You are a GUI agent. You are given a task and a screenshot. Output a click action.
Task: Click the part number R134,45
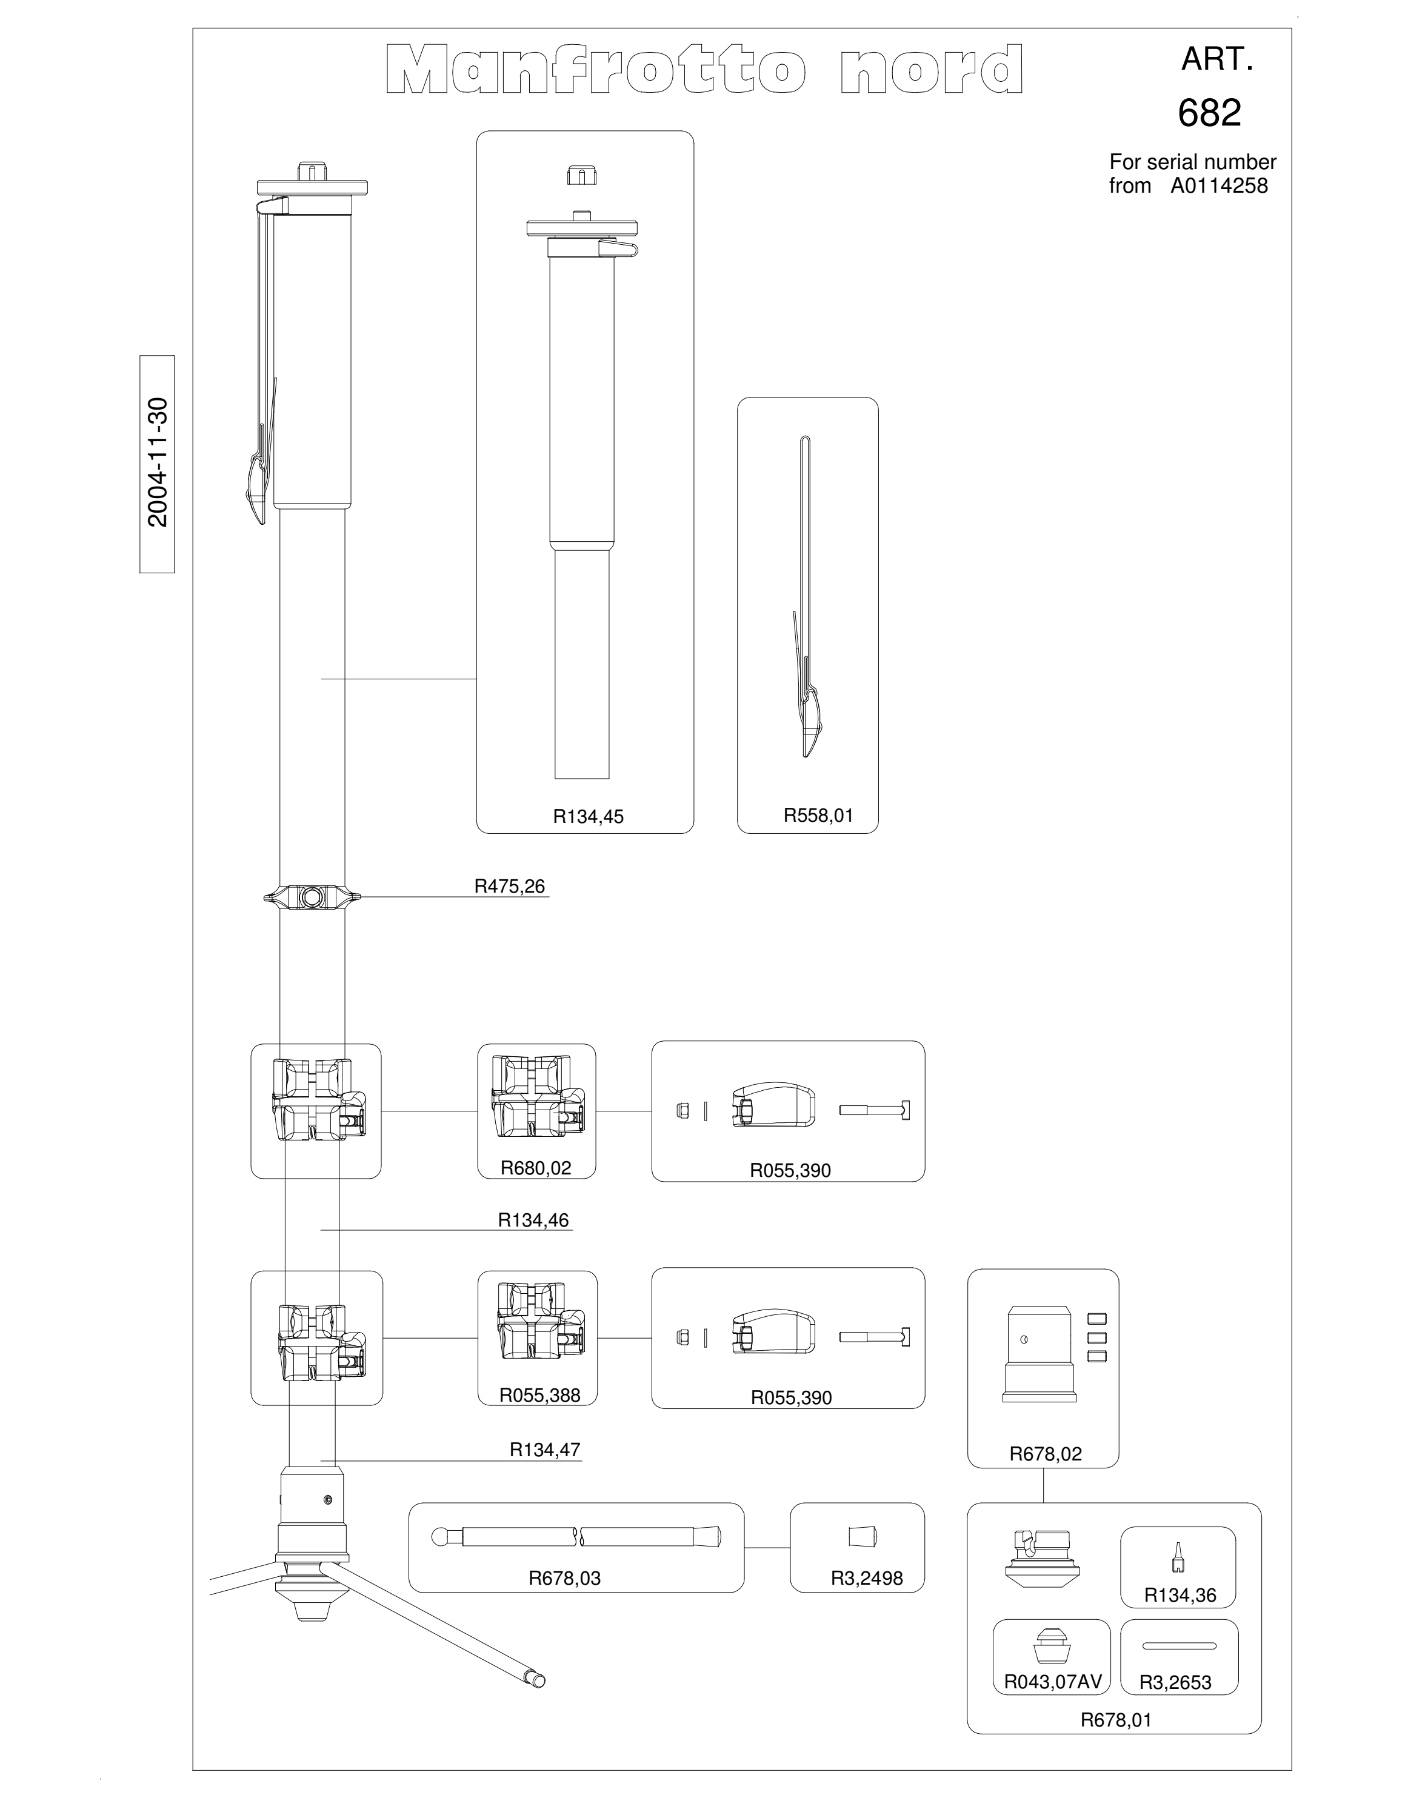tap(587, 817)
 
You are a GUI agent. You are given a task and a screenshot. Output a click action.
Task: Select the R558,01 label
tap(818, 815)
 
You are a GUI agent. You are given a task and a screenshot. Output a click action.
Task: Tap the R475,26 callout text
tap(509, 886)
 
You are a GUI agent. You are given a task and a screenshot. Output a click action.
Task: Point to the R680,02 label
tap(536, 1168)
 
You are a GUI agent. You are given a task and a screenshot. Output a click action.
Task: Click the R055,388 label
tap(539, 1395)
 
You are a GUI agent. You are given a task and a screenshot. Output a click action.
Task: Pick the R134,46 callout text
tap(533, 1220)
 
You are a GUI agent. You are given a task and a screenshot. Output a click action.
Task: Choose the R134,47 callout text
tap(545, 1449)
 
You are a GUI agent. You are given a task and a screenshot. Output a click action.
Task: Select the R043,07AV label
tap(1052, 1682)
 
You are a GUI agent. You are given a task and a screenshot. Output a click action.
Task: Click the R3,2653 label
tap(1175, 1682)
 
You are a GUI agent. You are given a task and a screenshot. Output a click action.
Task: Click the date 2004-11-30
tap(158, 463)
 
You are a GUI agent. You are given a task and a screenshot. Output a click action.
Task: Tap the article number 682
tap(1209, 112)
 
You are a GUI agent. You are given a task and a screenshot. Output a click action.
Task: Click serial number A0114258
tap(1220, 185)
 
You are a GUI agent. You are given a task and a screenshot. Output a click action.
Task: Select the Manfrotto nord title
tap(704, 70)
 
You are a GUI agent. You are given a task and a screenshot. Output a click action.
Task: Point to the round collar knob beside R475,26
tap(313, 896)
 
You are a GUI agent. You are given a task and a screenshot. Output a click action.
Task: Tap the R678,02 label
tap(1046, 1454)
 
